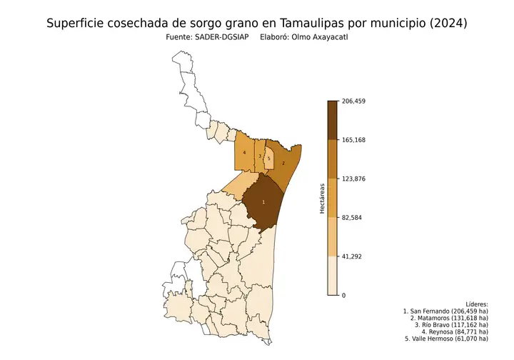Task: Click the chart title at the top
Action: coord(257,23)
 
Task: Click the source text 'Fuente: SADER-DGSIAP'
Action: coord(207,37)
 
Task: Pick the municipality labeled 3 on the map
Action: coord(259,156)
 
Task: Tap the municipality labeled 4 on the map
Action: coord(244,153)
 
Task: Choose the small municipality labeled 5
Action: coord(268,158)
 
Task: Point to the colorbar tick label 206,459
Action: coord(354,101)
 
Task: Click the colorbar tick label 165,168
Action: coord(354,140)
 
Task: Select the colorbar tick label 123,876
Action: coord(354,179)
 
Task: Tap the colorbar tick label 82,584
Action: coord(353,217)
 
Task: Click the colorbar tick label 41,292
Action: coord(353,256)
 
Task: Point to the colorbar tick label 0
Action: coord(344,295)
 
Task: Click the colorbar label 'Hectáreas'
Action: coord(322,198)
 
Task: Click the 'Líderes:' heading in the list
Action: coord(476,304)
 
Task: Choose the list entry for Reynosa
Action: coord(455,331)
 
